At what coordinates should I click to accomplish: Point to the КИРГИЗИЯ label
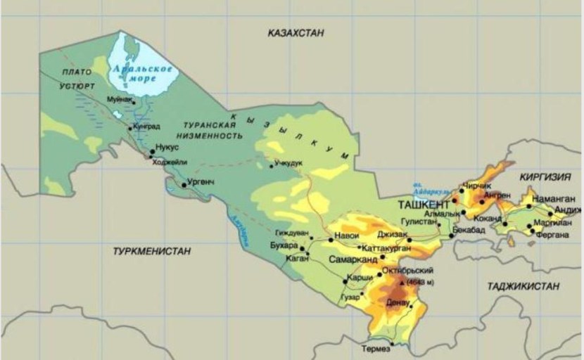pos(546,179)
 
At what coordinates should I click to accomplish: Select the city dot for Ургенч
pos(184,185)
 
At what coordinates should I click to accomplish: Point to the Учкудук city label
pos(288,162)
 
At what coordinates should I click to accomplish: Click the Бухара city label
pos(284,245)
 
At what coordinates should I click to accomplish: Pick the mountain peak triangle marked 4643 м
pos(402,282)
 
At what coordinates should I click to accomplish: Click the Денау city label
pos(398,302)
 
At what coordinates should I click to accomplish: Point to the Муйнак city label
pos(121,101)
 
